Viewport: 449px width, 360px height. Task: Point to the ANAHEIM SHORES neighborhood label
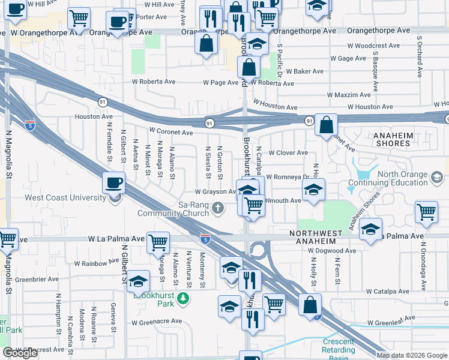click(x=393, y=139)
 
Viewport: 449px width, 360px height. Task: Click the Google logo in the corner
click(x=20, y=353)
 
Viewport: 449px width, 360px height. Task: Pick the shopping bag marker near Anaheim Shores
click(x=326, y=125)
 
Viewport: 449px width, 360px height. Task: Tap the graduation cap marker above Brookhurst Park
click(x=138, y=280)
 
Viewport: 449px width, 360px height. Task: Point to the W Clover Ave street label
click(x=288, y=153)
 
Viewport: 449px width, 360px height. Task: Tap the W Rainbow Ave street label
click(x=97, y=263)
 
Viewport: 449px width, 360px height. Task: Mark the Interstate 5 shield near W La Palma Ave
click(x=205, y=239)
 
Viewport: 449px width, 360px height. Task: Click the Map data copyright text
click(x=412, y=355)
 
